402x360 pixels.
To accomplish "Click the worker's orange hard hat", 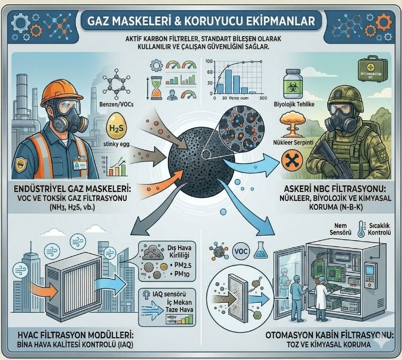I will click(x=57, y=80).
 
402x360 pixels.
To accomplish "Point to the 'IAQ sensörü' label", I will click(x=168, y=292).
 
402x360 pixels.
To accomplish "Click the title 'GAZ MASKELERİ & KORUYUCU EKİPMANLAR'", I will click(x=200, y=20).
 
